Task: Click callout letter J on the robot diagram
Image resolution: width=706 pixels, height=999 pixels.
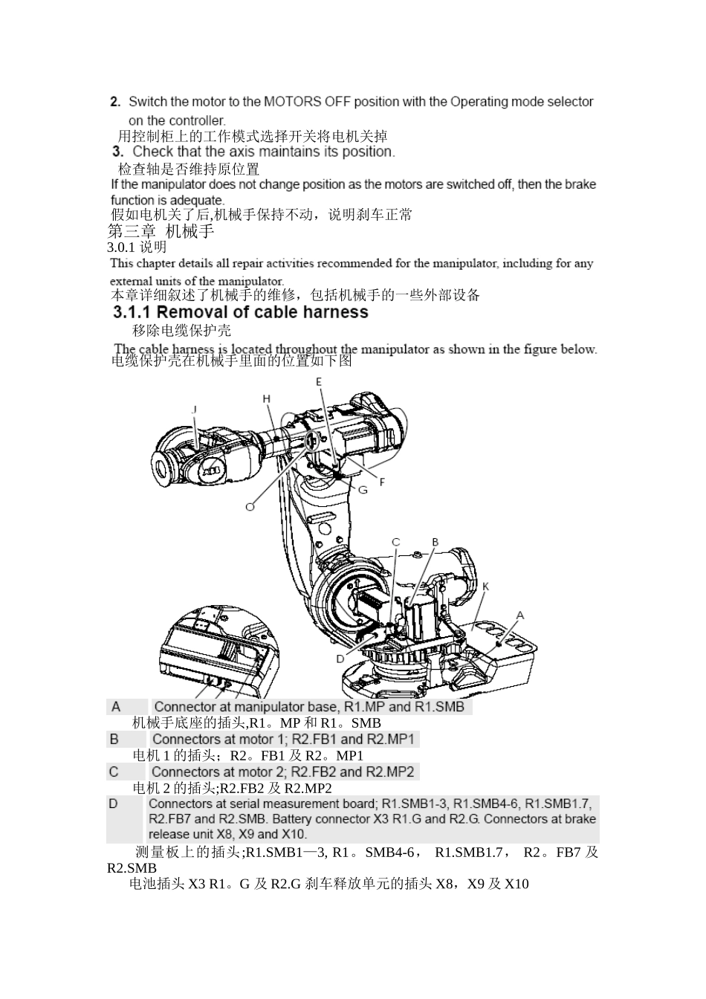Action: point(195,410)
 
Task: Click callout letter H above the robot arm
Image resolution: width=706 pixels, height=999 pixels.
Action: point(267,399)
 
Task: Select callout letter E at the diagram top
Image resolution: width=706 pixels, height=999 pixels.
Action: point(319,381)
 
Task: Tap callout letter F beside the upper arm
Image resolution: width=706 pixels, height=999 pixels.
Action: point(383,482)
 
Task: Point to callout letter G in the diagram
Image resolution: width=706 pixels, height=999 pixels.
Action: point(363,490)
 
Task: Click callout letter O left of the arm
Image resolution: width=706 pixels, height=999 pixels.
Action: point(250,505)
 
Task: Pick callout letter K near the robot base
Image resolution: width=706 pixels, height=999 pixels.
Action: point(485,586)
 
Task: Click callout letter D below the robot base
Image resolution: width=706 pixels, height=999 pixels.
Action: point(340,659)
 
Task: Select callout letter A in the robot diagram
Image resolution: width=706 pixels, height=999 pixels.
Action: point(520,615)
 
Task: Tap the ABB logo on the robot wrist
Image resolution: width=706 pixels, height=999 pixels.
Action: point(211,471)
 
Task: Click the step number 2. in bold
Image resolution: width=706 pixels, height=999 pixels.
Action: point(115,101)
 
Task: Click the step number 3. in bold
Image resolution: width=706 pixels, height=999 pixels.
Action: point(117,152)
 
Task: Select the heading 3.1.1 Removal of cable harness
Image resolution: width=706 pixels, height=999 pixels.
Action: point(240,312)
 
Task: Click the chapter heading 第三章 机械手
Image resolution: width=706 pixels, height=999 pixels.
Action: point(161,231)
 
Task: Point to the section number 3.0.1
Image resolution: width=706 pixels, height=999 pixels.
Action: point(121,248)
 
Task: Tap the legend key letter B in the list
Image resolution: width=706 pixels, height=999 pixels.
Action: point(114,740)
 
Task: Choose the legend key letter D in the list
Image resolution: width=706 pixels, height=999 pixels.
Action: point(113,804)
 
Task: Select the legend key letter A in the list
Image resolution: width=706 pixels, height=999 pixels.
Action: point(116,707)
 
